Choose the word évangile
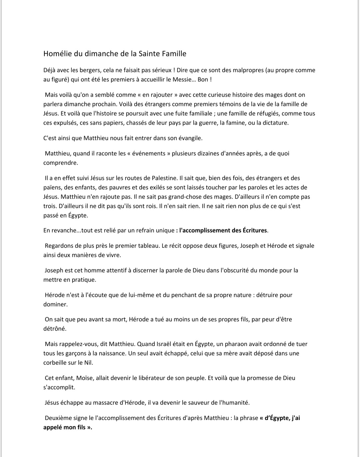[189, 138]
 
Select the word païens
[52, 188]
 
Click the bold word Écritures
[252, 230]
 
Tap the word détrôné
[55, 329]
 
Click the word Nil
[88, 363]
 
